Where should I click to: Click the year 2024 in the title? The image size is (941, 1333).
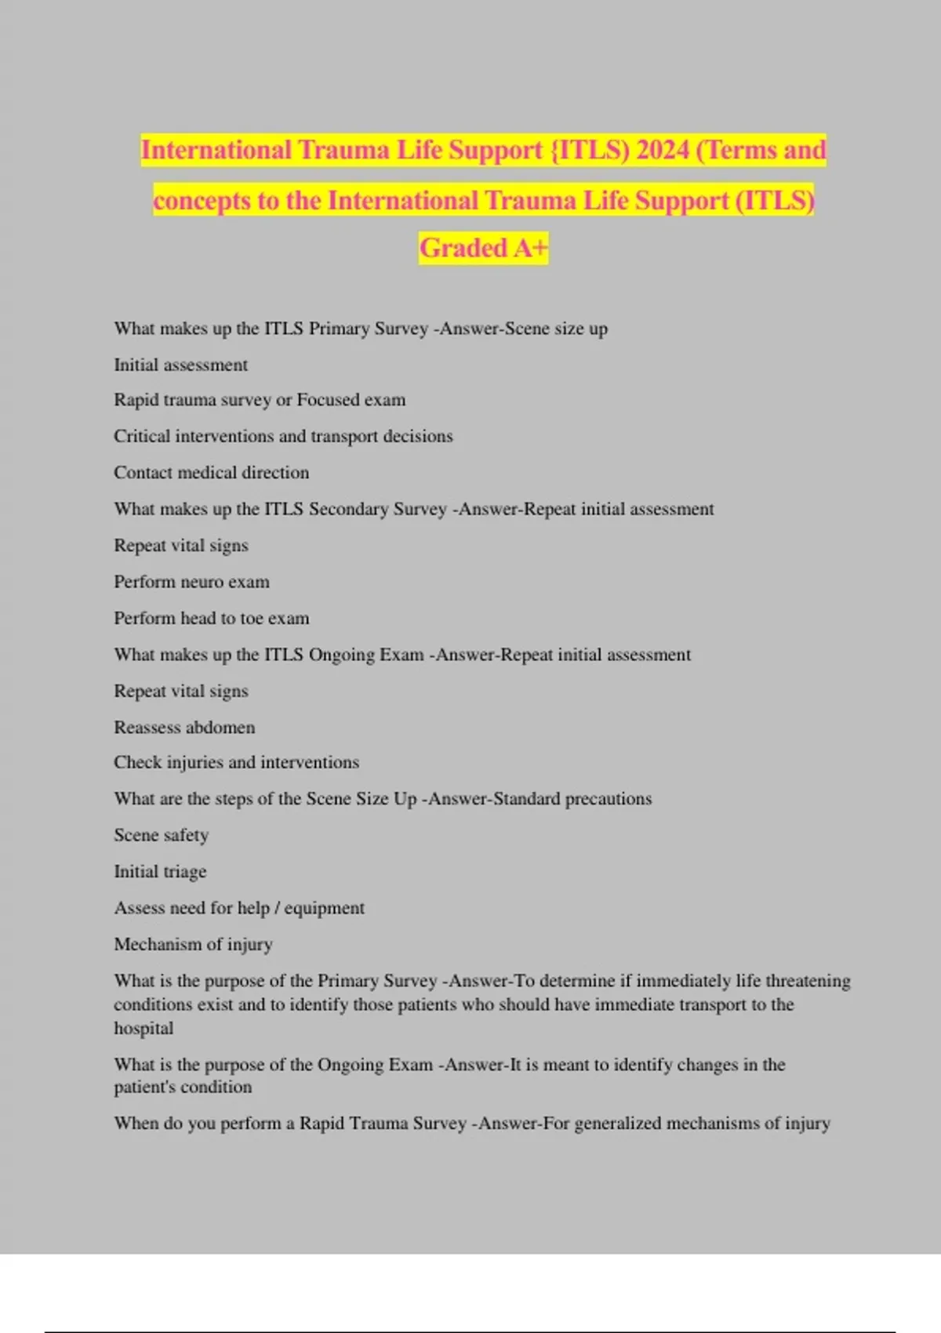pos(663,150)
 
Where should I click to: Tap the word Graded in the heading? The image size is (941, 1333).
pos(463,248)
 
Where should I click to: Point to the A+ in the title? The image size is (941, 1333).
pos(531,248)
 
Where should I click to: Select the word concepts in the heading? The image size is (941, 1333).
pos(202,201)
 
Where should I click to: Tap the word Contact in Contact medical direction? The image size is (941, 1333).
pos(143,473)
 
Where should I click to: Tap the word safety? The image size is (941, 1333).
pos(186,836)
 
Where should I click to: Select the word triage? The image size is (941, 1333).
pos(185,872)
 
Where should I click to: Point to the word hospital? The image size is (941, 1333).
pos(144,1028)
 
